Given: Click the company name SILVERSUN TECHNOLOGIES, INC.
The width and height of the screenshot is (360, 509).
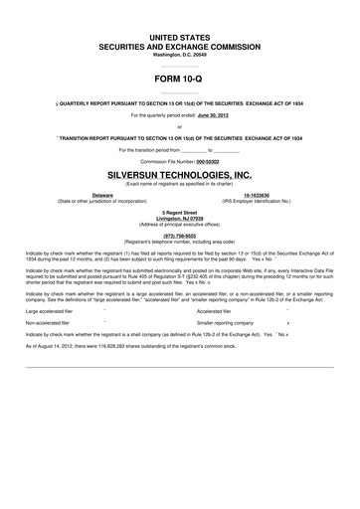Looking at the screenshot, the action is click(180, 173).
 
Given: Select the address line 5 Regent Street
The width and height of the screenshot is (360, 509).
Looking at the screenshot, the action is click(180, 213).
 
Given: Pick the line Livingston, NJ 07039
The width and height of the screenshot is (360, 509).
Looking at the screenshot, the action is click(180, 219).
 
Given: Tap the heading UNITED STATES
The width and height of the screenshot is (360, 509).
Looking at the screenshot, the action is click(180, 36).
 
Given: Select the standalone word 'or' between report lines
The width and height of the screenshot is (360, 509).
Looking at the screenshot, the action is click(180, 126).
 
